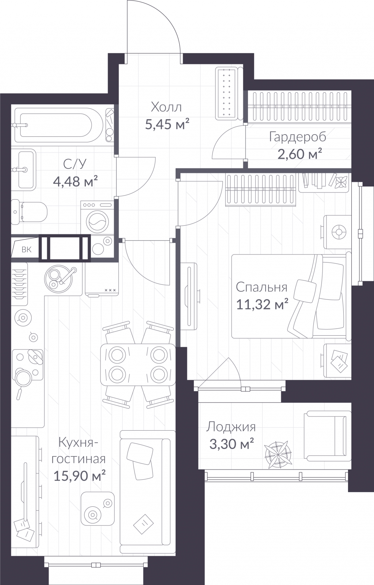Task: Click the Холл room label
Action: (x=167, y=107)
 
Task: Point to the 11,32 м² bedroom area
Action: (x=262, y=304)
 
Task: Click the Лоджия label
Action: (x=231, y=427)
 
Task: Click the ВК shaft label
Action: (x=26, y=250)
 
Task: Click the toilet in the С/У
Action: (x=29, y=212)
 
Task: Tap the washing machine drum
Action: (x=98, y=221)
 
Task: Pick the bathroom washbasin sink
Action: (x=23, y=170)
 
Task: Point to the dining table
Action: (x=138, y=365)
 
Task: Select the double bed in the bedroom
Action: (x=291, y=297)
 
